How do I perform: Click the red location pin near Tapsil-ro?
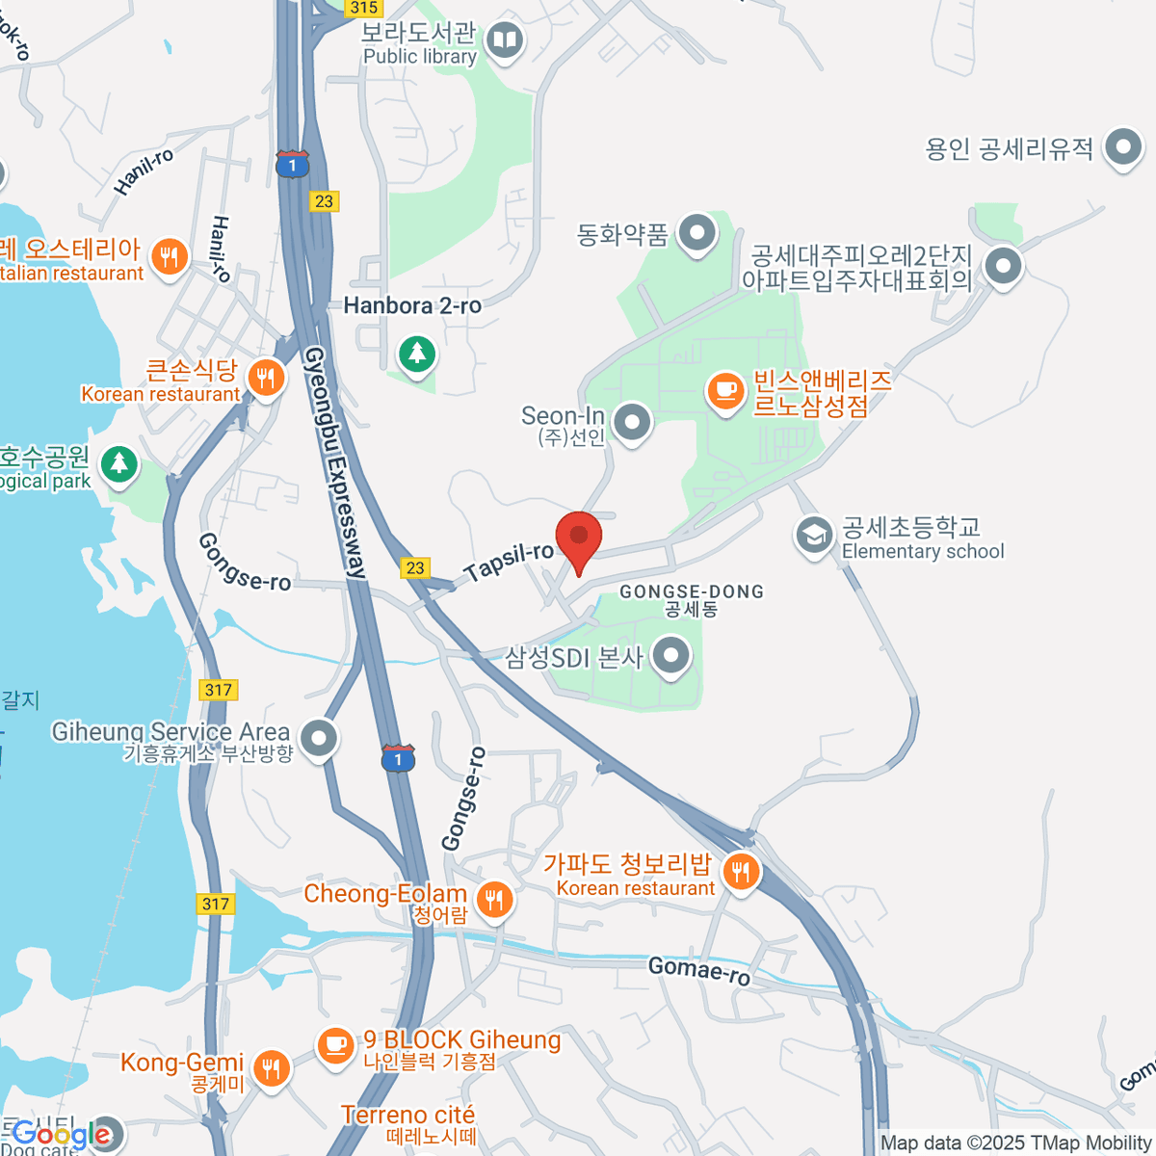579,538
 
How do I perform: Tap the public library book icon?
505,40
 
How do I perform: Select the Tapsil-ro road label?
509,561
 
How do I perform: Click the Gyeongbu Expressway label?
335,462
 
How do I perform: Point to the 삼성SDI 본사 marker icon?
670,657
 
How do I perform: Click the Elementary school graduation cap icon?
814,536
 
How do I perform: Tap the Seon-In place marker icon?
632,422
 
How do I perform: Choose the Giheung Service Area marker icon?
319,739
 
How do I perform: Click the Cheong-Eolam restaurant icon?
494,900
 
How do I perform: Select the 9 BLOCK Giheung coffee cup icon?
335,1044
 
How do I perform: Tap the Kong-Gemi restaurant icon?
271,1068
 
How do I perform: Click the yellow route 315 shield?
364,8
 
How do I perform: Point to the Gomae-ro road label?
699,970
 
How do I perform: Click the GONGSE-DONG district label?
692,591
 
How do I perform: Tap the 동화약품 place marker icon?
696,233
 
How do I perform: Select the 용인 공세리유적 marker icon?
1122,148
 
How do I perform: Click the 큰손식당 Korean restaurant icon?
266,377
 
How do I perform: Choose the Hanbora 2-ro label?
412,306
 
